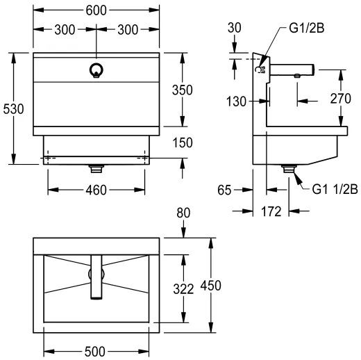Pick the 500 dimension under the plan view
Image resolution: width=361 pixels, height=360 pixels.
[x=96, y=351]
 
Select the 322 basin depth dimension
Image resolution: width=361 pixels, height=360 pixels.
[x=183, y=288]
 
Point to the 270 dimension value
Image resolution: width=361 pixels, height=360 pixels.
[x=341, y=99]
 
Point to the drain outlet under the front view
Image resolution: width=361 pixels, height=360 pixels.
[x=96, y=167]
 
